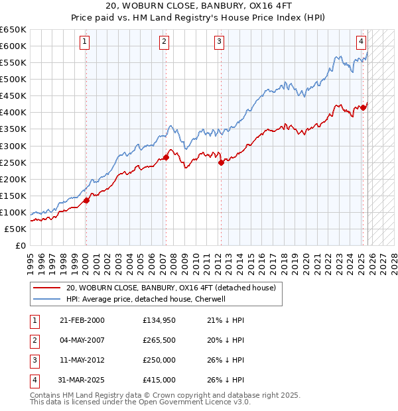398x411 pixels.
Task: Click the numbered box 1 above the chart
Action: point(86,42)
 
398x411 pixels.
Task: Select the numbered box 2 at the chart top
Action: point(164,42)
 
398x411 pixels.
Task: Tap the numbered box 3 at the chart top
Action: point(219,42)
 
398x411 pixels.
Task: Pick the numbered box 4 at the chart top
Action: point(362,42)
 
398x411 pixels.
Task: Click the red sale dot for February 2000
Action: point(86,200)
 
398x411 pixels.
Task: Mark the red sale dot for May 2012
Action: point(221,162)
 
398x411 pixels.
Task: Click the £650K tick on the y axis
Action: point(13,30)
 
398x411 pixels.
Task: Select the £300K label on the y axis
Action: point(13,146)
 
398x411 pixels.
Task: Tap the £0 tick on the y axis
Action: point(21,245)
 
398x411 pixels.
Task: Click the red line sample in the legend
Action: point(47,288)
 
